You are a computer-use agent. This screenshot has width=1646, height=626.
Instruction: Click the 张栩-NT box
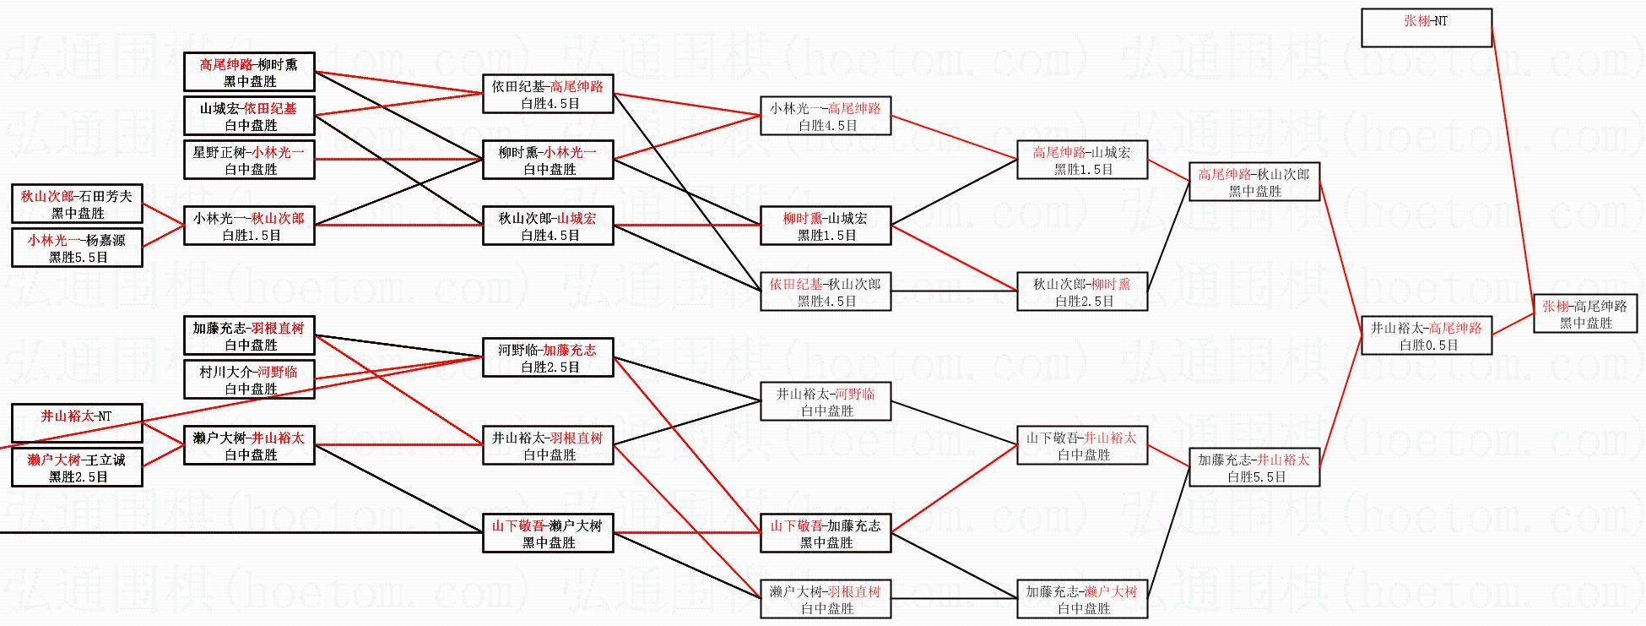tap(1426, 27)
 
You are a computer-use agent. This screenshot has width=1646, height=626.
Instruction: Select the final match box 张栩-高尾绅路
tap(1584, 313)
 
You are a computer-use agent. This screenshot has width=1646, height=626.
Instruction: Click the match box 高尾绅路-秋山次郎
tap(1253, 182)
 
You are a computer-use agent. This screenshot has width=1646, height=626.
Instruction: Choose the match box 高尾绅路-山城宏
tap(1081, 160)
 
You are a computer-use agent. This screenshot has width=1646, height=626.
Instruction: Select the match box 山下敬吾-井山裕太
tap(1081, 445)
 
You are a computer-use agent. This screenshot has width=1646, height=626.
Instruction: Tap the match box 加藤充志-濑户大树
tap(1081, 599)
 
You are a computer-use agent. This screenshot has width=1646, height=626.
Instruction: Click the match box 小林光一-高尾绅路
tap(825, 116)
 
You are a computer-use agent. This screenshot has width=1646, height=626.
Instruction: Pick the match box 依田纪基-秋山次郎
tap(825, 291)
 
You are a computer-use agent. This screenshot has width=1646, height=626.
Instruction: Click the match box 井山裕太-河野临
tap(825, 401)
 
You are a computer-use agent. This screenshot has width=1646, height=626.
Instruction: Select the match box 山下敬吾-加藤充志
tap(825, 533)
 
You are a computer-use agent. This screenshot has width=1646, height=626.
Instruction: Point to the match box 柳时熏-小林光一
tap(548, 160)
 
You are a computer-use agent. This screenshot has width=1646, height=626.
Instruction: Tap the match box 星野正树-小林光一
tap(249, 160)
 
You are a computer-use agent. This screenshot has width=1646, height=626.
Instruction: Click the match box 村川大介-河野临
tap(249, 379)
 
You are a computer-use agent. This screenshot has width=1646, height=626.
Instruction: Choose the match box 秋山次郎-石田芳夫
tap(77, 204)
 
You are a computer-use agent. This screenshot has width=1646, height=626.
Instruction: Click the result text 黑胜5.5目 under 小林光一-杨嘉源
tap(78, 257)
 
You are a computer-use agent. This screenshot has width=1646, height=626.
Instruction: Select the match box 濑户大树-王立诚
tap(77, 467)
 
